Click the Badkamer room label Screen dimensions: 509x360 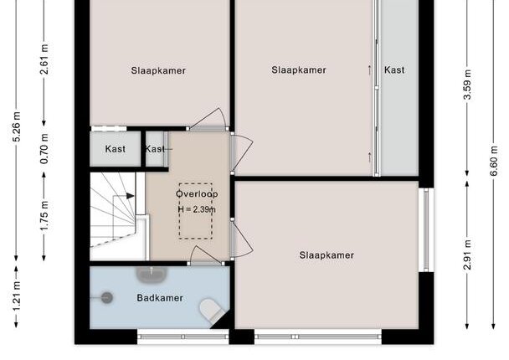[160, 298]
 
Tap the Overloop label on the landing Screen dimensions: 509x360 [197, 193]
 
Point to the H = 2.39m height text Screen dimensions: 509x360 [197, 209]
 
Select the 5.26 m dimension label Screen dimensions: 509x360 [17, 126]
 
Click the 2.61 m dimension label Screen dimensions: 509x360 [44, 59]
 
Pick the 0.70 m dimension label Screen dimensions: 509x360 [44, 149]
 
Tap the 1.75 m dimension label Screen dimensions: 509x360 [44, 216]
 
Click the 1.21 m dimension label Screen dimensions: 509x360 [17, 296]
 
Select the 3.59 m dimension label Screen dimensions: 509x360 [467, 85]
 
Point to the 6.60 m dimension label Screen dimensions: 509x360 [494, 161]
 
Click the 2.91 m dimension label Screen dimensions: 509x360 [467, 255]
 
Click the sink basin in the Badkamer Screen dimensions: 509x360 [152, 275]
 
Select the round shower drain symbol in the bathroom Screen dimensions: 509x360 [106, 297]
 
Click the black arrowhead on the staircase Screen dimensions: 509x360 [130, 196]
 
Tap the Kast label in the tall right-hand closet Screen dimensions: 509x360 [394, 69]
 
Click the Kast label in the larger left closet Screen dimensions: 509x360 [116, 149]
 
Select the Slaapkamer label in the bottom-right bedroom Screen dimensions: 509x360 [326, 255]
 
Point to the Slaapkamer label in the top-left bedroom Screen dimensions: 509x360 [158, 70]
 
